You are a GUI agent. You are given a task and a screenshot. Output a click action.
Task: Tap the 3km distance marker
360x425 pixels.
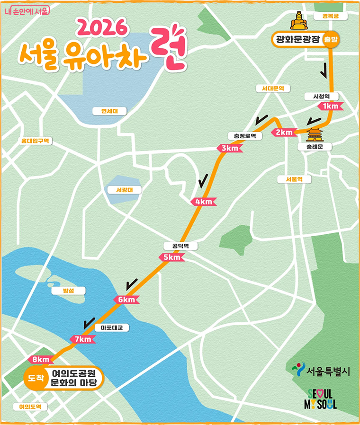(x=230, y=149)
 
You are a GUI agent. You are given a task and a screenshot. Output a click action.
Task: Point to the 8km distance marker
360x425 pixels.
(x=39, y=360)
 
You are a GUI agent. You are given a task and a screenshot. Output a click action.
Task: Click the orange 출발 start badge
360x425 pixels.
(x=331, y=40)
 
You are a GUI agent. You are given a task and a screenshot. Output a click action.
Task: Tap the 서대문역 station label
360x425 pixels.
(x=272, y=89)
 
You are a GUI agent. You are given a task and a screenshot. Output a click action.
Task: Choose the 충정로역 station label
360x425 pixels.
(x=244, y=136)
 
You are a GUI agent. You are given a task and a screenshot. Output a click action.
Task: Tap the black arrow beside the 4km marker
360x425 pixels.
(x=203, y=180)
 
